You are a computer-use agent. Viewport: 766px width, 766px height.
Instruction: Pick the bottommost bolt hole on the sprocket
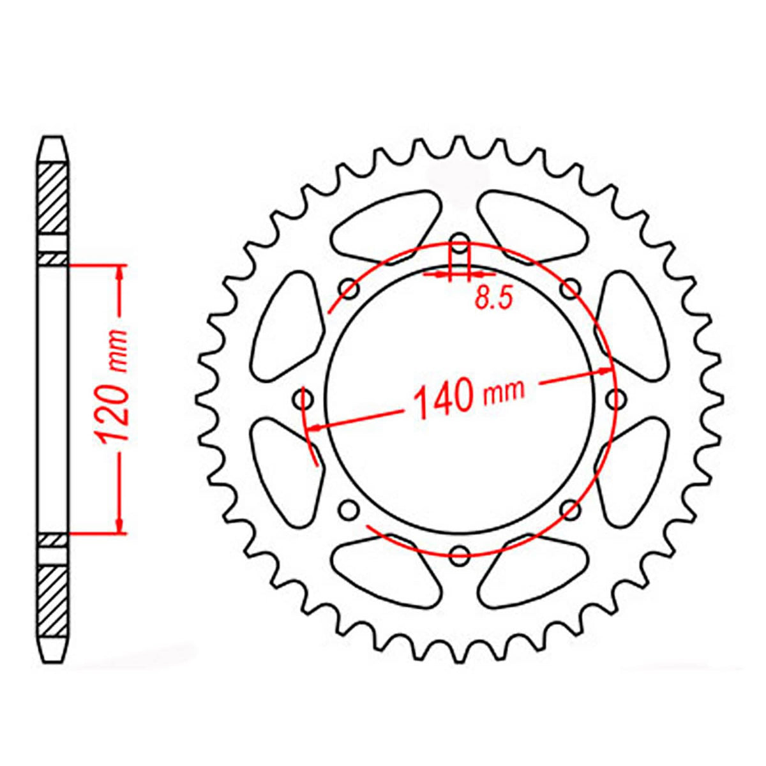pyautogui.click(x=459, y=554)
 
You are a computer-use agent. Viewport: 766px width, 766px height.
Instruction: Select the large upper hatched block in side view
pyautogui.click(x=53, y=198)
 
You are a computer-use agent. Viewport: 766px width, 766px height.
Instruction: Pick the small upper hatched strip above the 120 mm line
pyautogui.click(x=53, y=259)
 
